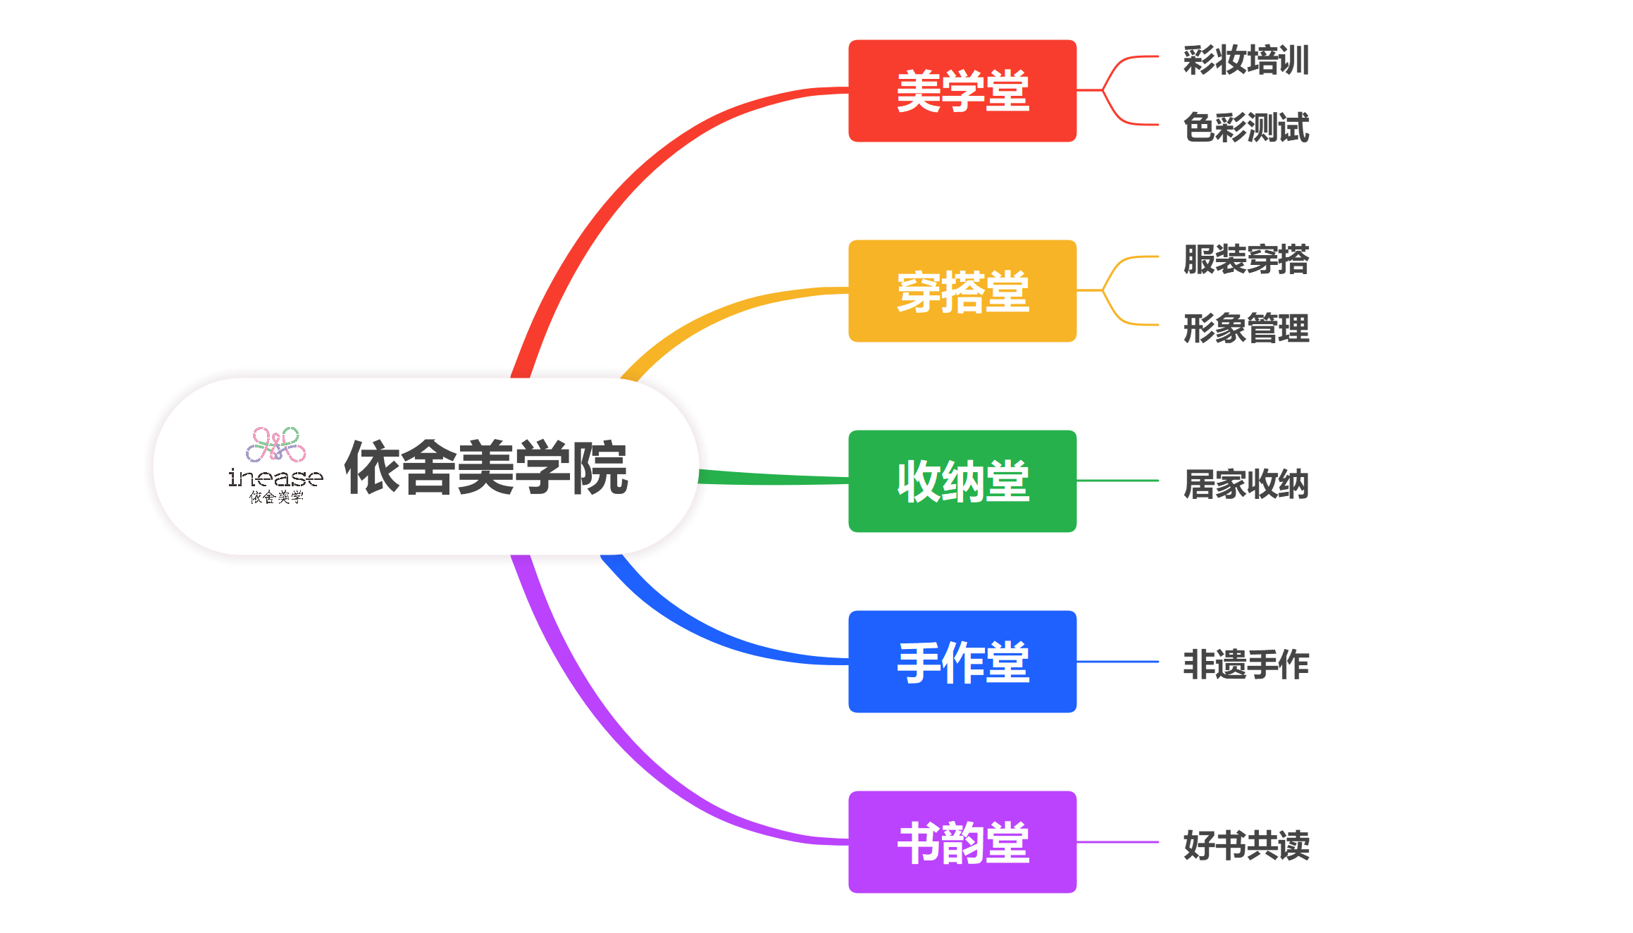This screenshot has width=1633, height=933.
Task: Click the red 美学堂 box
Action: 962,91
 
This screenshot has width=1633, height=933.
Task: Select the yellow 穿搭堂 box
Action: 962,291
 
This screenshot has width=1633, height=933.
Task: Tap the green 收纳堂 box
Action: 962,481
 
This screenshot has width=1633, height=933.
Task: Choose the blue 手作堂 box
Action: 962,662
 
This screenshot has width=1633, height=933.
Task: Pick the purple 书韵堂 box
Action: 962,842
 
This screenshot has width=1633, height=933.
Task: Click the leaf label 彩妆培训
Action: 1246,60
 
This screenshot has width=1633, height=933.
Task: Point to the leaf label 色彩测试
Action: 1246,128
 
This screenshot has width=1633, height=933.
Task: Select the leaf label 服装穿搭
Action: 1246,259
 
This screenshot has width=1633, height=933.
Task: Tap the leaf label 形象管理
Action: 1246,328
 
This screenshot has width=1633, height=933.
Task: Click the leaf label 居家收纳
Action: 1246,484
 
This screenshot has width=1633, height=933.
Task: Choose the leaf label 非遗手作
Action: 1246,665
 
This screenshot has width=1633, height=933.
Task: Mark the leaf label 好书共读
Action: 1246,845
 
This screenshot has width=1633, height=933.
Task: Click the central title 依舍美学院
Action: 486,467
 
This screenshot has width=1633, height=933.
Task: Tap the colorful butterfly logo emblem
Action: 276,445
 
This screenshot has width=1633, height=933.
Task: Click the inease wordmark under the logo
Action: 275,478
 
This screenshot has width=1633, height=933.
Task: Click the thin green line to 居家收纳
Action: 1117,481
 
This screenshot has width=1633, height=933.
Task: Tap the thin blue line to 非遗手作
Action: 1117,662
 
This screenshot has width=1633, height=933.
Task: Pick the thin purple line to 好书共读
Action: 1117,842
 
